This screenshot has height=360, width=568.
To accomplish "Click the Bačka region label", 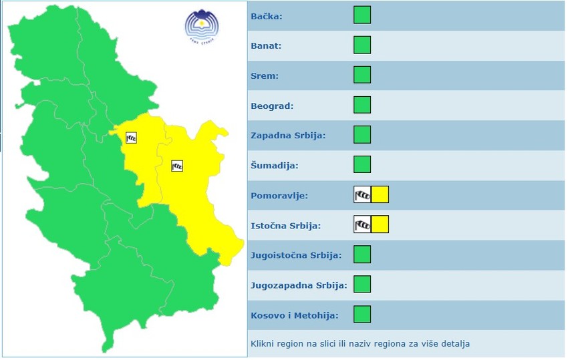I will click(x=266, y=16).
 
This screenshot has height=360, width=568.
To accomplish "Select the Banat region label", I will click(x=266, y=46).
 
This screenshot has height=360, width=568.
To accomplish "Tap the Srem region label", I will click(x=265, y=76).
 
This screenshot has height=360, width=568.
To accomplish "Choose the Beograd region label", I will click(x=272, y=106).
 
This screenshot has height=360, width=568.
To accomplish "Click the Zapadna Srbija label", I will click(x=288, y=136).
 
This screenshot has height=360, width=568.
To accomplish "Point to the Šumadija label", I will click(x=274, y=165).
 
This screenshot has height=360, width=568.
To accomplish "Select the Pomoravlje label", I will click(x=279, y=196).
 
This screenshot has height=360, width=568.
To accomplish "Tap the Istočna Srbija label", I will click(x=285, y=226).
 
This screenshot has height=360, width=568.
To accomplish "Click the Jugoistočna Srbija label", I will click(x=296, y=255).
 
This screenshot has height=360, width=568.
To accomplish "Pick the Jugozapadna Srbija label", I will click(x=299, y=285).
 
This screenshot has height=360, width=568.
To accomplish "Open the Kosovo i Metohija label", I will click(x=294, y=315).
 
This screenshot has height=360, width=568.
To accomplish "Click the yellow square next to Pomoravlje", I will click(x=380, y=194).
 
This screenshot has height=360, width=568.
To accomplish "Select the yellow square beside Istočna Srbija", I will click(x=380, y=224).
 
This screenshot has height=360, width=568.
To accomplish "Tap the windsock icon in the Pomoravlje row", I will click(x=362, y=194).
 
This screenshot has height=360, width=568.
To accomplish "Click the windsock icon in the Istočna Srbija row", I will click(x=362, y=224).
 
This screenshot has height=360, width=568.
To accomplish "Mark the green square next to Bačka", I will click(x=362, y=15).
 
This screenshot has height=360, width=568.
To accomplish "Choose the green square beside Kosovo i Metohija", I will click(x=362, y=314).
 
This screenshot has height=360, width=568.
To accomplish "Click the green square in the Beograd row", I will click(x=362, y=105).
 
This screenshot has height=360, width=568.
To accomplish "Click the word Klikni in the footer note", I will click(x=263, y=344).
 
